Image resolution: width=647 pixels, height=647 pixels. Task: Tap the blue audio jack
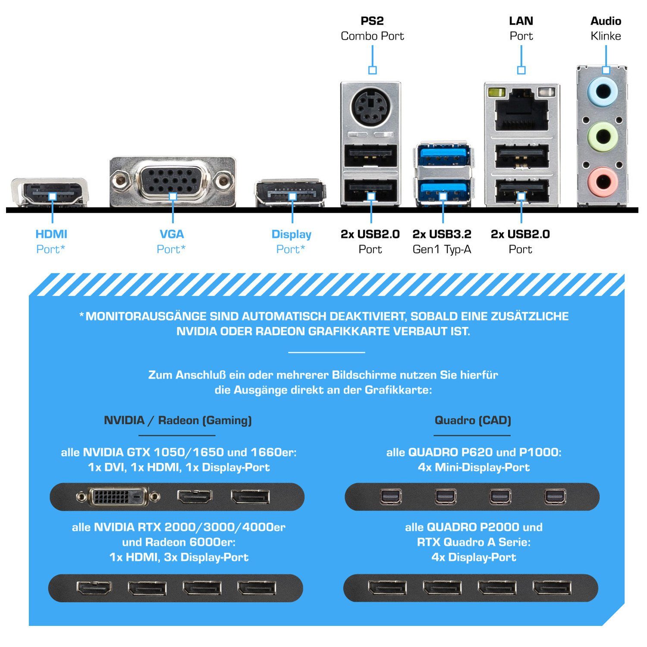(603, 91)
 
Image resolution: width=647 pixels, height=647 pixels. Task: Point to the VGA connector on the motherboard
(173, 181)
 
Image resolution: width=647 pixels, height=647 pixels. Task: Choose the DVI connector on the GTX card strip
(118, 497)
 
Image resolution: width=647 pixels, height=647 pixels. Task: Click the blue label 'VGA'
(172, 234)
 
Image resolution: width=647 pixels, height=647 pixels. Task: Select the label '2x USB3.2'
(442, 234)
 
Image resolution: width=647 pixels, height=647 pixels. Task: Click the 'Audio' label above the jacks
(606, 21)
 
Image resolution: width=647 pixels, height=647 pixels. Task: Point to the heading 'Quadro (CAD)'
(473, 420)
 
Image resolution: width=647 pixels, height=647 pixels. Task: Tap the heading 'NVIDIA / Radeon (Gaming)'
(178, 420)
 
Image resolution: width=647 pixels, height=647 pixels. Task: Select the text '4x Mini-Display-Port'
(474, 467)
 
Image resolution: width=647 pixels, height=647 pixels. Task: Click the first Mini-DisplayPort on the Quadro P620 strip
(391, 497)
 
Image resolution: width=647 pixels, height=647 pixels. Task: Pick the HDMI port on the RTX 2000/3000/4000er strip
(94, 588)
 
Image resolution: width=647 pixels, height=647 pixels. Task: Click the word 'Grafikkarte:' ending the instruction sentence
(398, 390)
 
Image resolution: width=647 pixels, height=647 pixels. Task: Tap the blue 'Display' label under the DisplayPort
(291, 234)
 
